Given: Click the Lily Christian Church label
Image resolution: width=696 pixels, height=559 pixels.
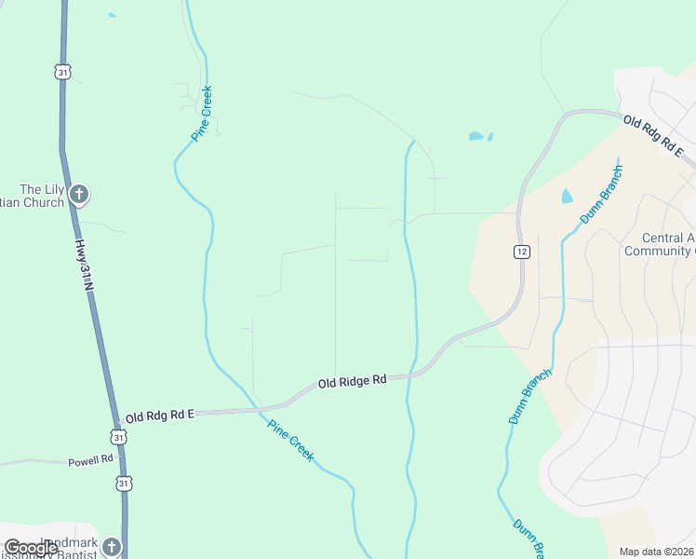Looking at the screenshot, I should pyautogui.click(x=32, y=196).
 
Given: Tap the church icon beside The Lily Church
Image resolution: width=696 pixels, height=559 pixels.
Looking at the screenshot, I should pyautogui.click(x=79, y=195).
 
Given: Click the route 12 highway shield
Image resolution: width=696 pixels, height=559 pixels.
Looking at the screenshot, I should pyautogui.click(x=522, y=252).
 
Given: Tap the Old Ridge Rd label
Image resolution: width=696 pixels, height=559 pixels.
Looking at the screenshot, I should pyautogui.click(x=352, y=381).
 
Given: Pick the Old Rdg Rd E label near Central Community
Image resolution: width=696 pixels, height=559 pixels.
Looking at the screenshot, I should pyautogui.click(x=653, y=136).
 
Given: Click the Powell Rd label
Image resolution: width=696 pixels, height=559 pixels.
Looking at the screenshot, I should pyautogui.click(x=90, y=460).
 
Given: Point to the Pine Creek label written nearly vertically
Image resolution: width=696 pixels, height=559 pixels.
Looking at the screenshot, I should pyautogui.click(x=203, y=113).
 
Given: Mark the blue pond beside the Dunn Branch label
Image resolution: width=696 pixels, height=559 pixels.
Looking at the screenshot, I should pyautogui.click(x=567, y=197).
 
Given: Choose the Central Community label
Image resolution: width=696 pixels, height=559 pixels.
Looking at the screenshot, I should pyautogui.click(x=659, y=244).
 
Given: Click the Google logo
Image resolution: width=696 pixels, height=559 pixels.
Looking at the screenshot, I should pyautogui.click(x=31, y=548).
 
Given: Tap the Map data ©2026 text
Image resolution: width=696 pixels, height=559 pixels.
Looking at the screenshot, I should pyautogui.click(x=656, y=552).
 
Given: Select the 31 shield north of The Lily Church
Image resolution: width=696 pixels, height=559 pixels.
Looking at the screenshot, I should pyautogui.click(x=61, y=71).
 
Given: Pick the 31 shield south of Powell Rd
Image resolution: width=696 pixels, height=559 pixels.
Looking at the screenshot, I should pyautogui.click(x=124, y=482).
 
